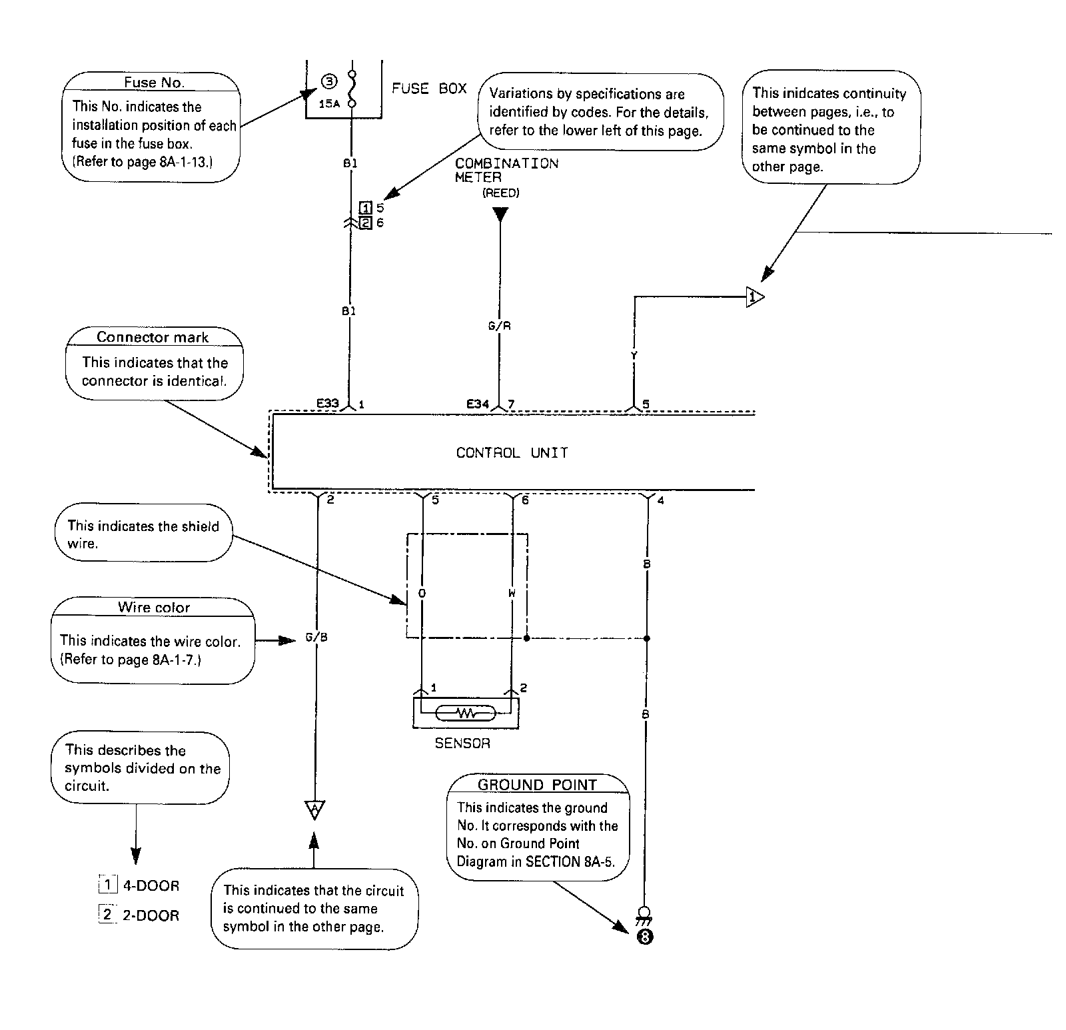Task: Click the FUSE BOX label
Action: (429, 89)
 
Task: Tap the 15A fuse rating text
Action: (329, 103)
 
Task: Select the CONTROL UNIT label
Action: (512, 453)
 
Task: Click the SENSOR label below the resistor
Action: (462, 743)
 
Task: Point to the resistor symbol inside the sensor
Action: (465, 714)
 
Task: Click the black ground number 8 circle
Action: (645, 937)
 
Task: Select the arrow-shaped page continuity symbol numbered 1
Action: (754, 296)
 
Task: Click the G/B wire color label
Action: (316, 638)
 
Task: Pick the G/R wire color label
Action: (500, 326)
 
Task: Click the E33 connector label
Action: (328, 403)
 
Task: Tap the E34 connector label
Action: (478, 404)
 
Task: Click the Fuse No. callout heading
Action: (154, 83)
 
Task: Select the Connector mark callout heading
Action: (153, 337)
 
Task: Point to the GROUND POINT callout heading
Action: (537, 784)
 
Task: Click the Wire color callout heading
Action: (154, 607)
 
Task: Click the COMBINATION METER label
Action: (506, 170)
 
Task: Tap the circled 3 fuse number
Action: (329, 82)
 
